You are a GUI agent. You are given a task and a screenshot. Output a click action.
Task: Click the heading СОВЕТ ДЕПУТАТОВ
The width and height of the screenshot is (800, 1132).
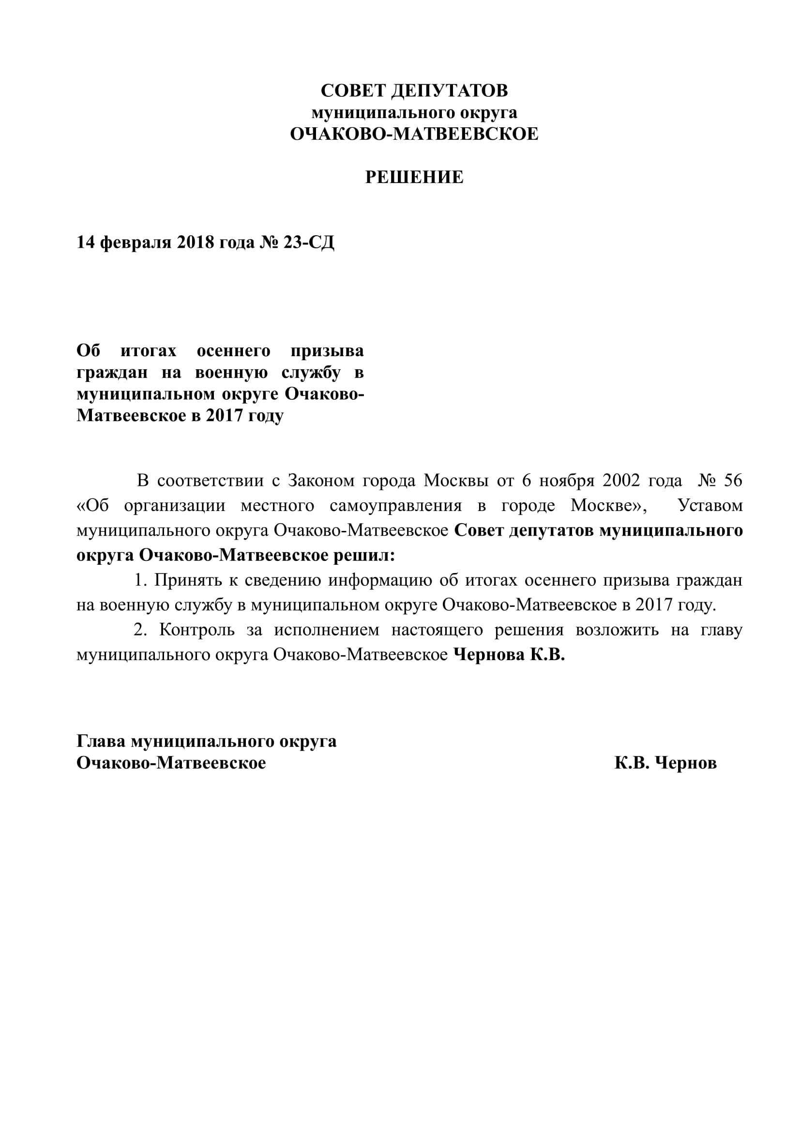414,91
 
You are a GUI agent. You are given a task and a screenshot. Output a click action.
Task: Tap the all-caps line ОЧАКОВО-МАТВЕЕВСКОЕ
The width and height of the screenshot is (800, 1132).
414,134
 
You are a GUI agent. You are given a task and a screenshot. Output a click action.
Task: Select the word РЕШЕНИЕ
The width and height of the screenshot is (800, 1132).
414,178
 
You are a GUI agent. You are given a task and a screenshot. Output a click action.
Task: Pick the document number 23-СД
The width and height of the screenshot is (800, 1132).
309,242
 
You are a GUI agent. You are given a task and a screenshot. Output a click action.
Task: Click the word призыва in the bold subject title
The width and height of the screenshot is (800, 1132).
327,351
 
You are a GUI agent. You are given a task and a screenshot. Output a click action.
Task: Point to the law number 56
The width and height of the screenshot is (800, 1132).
732,481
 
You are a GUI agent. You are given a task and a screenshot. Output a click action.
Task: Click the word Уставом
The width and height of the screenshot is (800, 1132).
710,506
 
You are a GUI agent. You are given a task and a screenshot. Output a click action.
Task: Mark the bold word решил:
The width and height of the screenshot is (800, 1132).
364,556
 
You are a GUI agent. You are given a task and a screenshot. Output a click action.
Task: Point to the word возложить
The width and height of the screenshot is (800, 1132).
617,630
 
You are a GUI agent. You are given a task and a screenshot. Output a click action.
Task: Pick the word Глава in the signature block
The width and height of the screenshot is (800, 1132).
101,741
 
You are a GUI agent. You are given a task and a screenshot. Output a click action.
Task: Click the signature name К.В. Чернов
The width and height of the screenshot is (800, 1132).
665,763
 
